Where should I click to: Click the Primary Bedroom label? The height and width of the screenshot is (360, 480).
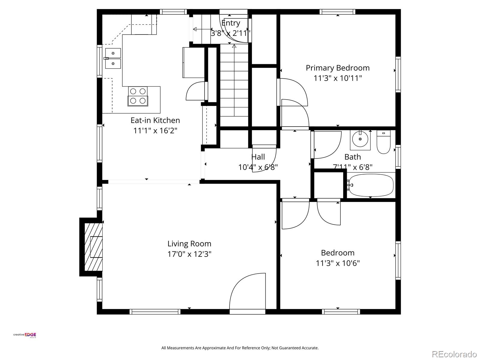click(337, 68)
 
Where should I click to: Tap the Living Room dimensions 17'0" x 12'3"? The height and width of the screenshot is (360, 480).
click(189, 254)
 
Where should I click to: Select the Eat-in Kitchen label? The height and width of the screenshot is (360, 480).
click(155, 120)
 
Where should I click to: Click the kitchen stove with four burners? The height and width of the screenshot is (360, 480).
click(138, 96)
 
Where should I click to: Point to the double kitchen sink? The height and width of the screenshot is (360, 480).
click(113, 58)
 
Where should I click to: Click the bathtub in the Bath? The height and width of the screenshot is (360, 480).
click(371, 185)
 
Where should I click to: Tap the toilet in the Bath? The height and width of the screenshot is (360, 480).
click(384, 142)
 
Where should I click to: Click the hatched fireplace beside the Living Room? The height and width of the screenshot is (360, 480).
click(93, 247)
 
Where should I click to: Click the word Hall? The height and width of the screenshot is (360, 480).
click(258, 157)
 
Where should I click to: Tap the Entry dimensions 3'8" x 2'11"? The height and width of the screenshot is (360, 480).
click(230, 33)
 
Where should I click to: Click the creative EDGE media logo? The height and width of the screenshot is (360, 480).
click(25, 335)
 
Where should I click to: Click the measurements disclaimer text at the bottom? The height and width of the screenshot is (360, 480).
click(240, 348)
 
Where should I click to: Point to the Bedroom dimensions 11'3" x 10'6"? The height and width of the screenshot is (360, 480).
click(337, 263)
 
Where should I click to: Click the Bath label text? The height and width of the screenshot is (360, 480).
click(352, 157)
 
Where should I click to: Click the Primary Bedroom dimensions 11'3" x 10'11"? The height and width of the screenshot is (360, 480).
click(337, 78)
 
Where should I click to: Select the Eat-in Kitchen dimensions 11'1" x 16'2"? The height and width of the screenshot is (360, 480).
click(155, 131)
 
